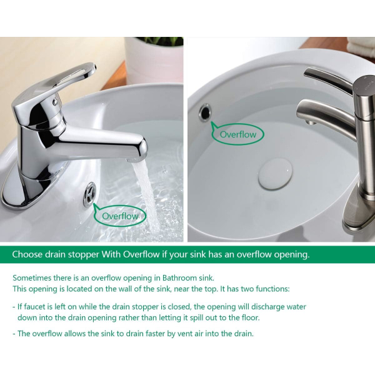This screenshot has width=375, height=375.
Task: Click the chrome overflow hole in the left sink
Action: (89, 194)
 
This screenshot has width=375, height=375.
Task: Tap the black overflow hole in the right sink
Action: (205, 112)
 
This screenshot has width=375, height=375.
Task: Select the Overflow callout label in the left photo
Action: (120, 216)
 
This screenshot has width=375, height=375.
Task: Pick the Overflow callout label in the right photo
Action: (238, 134)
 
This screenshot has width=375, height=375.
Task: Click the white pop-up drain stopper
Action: (275, 173)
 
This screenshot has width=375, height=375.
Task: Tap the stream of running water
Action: (146, 196)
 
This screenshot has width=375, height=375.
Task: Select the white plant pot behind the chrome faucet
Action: (154, 60)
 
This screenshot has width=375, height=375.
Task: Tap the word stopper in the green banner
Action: (83, 255)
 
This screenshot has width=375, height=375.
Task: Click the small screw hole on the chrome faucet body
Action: (55, 102)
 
